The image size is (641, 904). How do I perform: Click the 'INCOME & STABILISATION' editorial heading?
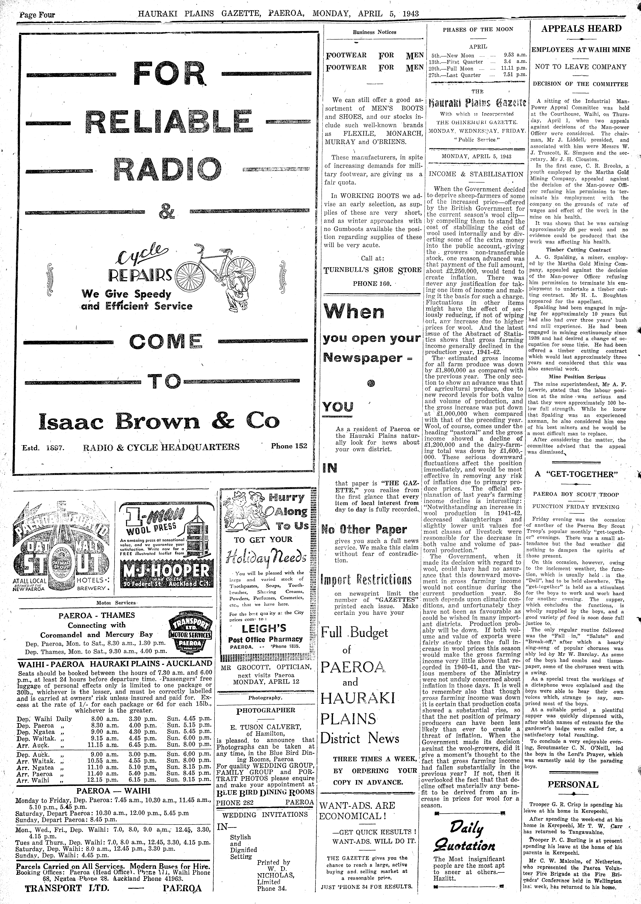[476, 174]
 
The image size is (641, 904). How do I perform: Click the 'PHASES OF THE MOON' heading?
[478, 29]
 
